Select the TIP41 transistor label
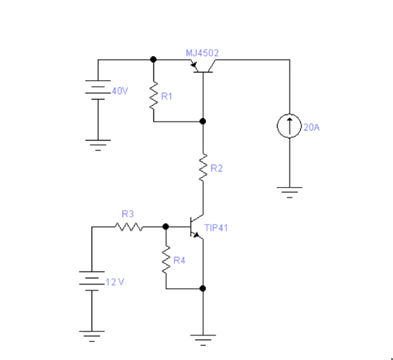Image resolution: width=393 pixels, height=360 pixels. [217, 229]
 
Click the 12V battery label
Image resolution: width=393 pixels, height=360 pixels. [114, 281]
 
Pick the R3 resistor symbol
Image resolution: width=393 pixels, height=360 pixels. [129, 227]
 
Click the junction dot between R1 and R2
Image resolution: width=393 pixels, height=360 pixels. [202, 121]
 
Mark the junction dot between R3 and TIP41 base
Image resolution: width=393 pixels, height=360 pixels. [165, 227]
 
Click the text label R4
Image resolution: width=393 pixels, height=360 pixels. [180, 261]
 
